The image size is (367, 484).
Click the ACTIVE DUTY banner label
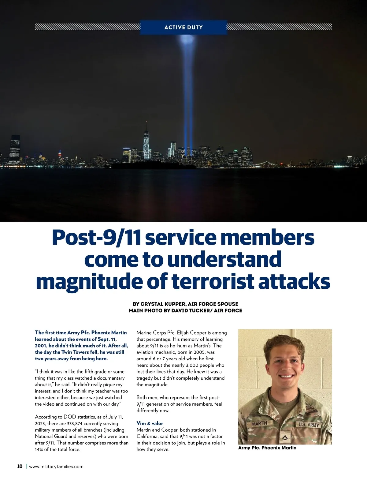click(183, 27)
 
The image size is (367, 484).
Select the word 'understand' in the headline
click(224, 260)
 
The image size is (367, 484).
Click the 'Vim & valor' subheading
click(150, 423)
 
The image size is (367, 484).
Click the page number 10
click(20, 467)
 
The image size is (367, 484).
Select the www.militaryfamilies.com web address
click(56, 467)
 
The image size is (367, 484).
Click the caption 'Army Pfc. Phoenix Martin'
click(267, 448)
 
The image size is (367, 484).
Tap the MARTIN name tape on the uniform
click(259, 424)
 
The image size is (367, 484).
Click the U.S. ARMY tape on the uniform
click(308, 425)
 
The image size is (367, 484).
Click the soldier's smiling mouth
click(285, 376)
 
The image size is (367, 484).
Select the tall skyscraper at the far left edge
click(15, 148)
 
